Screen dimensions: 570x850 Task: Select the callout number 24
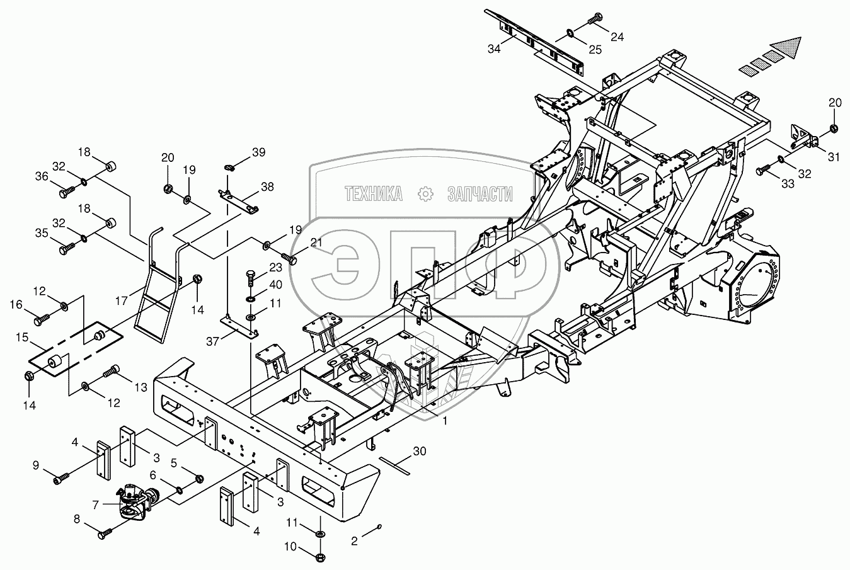(x=617, y=37)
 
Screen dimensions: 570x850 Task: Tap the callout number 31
(x=834, y=157)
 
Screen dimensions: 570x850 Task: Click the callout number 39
(x=259, y=152)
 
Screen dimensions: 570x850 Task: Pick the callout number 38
(x=267, y=186)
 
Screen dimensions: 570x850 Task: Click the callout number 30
(x=420, y=451)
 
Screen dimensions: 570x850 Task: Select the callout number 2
(x=354, y=540)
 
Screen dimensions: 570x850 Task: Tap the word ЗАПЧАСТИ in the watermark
(x=480, y=195)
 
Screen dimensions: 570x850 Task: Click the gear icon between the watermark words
(x=427, y=194)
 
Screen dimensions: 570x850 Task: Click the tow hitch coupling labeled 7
(x=135, y=501)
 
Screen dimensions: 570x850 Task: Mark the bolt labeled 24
(x=594, y=21)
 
